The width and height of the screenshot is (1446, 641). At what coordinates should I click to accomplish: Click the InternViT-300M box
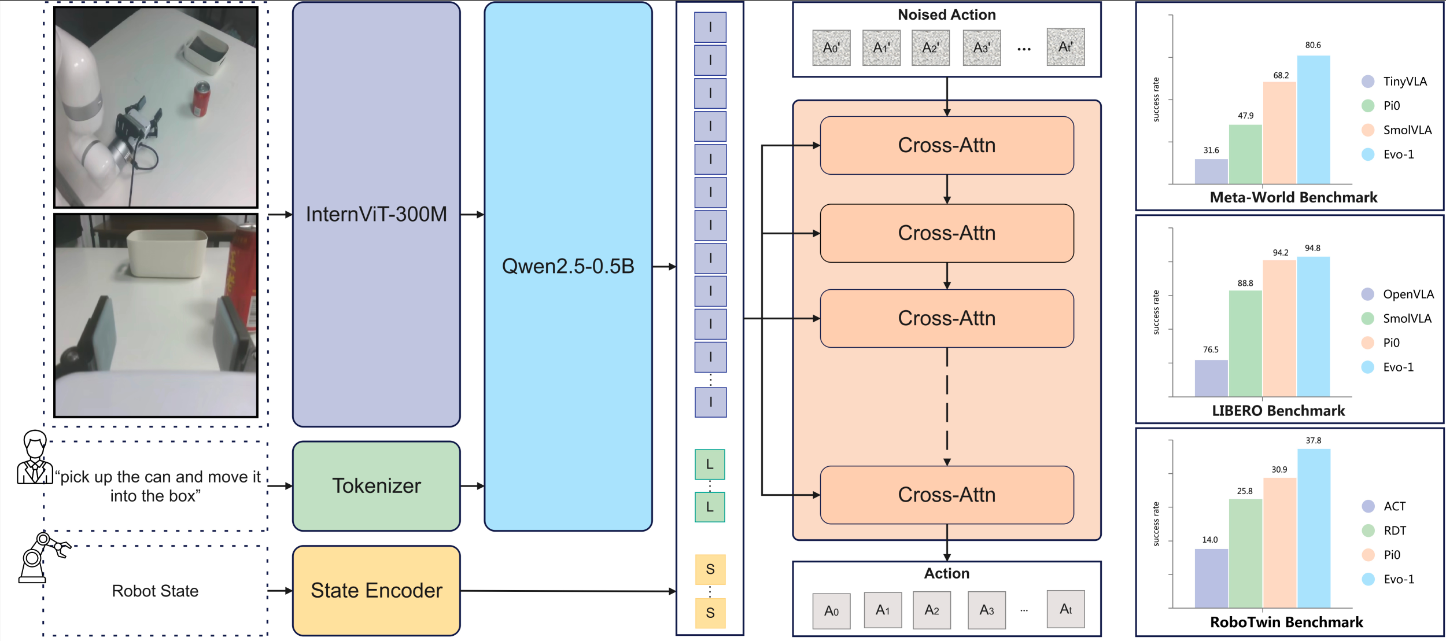click(x=376, y=214)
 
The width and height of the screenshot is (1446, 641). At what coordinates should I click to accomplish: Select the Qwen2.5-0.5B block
click(x=567, y=266)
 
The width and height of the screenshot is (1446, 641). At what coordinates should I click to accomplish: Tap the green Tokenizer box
click(x=376, y=486)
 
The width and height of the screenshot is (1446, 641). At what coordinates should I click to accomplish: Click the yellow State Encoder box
click(x=376, y=590)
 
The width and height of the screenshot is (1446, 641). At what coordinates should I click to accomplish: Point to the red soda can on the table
click(x=201, y=100)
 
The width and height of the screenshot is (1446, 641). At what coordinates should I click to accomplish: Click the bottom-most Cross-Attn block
click(x=946, y=495)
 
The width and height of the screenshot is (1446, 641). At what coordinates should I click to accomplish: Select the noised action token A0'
click(x=831, y=47)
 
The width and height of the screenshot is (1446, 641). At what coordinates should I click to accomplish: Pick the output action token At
click(x=1065, y=609)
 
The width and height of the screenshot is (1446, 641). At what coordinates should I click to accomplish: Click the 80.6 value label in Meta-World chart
click(x=1313, y=45)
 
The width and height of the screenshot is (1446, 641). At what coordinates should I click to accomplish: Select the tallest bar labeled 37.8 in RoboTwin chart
click(x=1314, y=528)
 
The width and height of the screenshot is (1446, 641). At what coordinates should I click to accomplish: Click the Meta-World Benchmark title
click(x=1293, y=197)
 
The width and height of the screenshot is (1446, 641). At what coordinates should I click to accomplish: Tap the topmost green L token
click(x=710, y=464)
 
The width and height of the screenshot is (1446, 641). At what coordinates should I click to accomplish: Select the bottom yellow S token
click(x=710, y=613)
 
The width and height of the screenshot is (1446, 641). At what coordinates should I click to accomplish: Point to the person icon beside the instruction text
click(x=35, y=458)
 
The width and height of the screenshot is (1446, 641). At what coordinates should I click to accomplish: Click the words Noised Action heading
click(x=946, y=15)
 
